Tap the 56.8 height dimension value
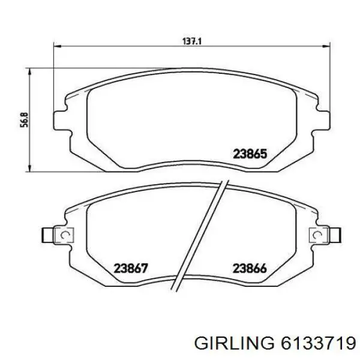[22, 119]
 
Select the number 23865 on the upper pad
[250, 154]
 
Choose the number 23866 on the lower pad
[250, 268]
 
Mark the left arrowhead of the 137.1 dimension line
[58, 44]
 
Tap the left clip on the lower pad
[58, 234]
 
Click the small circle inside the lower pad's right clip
[316, 234]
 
